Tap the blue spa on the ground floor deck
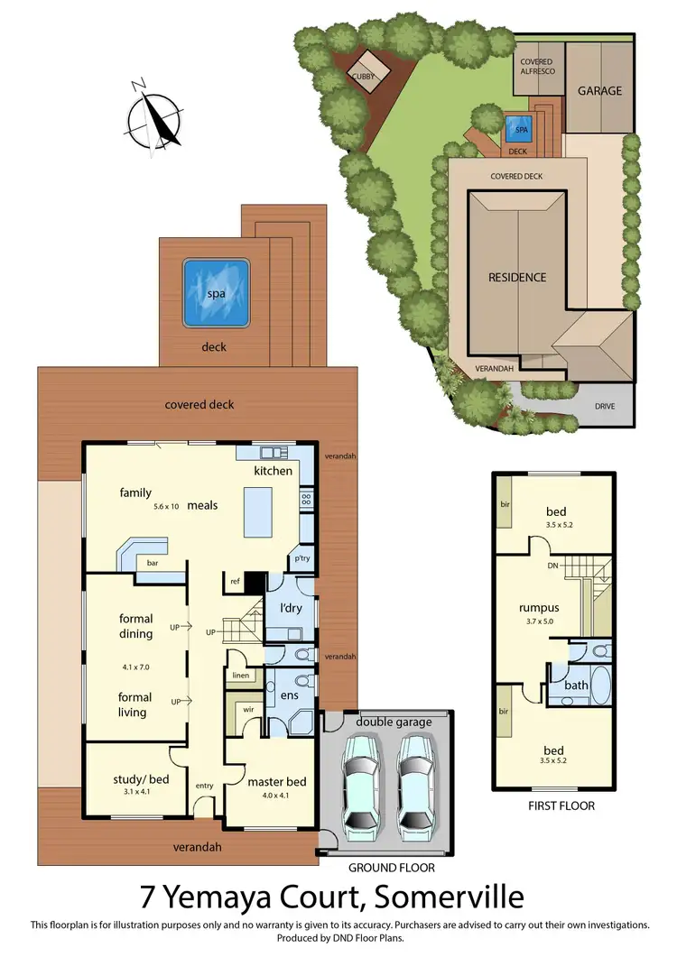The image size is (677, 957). coord(216,294)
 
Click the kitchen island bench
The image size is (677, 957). coord(257,511)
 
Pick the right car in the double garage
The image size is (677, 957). coord(417,780)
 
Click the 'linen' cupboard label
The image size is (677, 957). coord(239,676)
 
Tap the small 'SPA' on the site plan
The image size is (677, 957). coord(519,129)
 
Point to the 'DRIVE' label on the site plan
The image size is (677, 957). coord(604,407)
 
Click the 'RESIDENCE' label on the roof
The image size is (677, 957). coord(517,277)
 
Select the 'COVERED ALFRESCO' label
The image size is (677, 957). coord(536,68)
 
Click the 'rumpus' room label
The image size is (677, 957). coord(542,607)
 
